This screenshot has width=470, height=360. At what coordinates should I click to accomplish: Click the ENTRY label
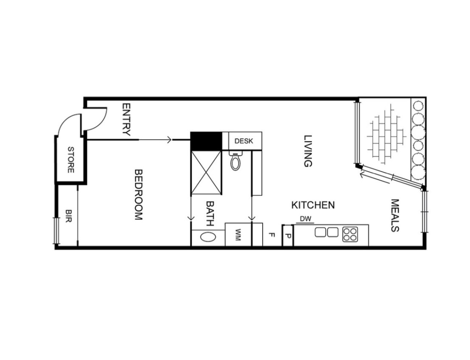point(126,120)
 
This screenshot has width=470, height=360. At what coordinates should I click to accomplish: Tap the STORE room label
point(71,160)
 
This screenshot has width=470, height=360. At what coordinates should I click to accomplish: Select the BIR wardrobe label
point(69,216)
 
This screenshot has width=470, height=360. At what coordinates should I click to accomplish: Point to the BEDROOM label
point(138,195)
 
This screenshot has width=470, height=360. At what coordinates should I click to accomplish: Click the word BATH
point(210,213)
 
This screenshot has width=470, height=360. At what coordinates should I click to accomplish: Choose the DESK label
point(243,141)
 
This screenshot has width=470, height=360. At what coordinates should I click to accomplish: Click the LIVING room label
point(308,151)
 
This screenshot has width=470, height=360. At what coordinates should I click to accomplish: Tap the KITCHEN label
point(313,205)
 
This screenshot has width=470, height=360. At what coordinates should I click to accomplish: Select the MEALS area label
point(395,215)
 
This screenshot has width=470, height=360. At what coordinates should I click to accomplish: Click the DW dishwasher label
point(306,219)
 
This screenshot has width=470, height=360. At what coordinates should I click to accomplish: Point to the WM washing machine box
point(238,234)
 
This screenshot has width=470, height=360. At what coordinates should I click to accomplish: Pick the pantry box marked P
point(288,236)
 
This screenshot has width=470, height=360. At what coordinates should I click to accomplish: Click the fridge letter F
point(271,235)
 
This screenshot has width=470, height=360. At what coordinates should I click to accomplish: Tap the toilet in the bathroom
point(235,161)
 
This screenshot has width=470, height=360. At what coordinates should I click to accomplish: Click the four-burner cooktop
point(350,234)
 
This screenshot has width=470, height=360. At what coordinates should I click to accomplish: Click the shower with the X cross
point(206,173)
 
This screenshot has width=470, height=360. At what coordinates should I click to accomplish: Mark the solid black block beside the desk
point(206,141)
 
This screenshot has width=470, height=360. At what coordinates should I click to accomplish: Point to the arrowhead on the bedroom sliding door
point(170,140)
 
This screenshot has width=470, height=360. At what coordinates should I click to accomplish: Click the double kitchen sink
point(327,232)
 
